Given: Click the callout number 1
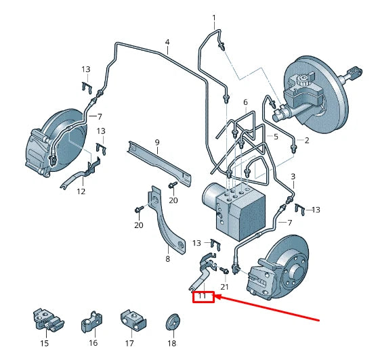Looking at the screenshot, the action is [214, 18].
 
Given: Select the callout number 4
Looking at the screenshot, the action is [167, 42].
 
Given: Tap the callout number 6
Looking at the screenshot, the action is [245, 102].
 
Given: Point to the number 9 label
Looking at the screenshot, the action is [157, 142].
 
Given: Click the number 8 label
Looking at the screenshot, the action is [168, 259].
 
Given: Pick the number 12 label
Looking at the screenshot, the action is [81, 192].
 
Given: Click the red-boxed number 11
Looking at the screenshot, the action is [202, 296].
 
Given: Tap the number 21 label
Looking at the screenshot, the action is [224, 287].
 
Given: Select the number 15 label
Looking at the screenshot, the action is [45, 343].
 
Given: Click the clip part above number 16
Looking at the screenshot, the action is [91, 321].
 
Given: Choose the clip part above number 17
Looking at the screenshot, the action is [133, 319].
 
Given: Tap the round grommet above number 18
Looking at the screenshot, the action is [173, 322].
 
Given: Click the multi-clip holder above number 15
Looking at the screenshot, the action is [48, 319].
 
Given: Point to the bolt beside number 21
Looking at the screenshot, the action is [224, 270].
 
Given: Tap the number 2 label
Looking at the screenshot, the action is [307, 140].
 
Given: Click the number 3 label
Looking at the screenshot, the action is [293, 177].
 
